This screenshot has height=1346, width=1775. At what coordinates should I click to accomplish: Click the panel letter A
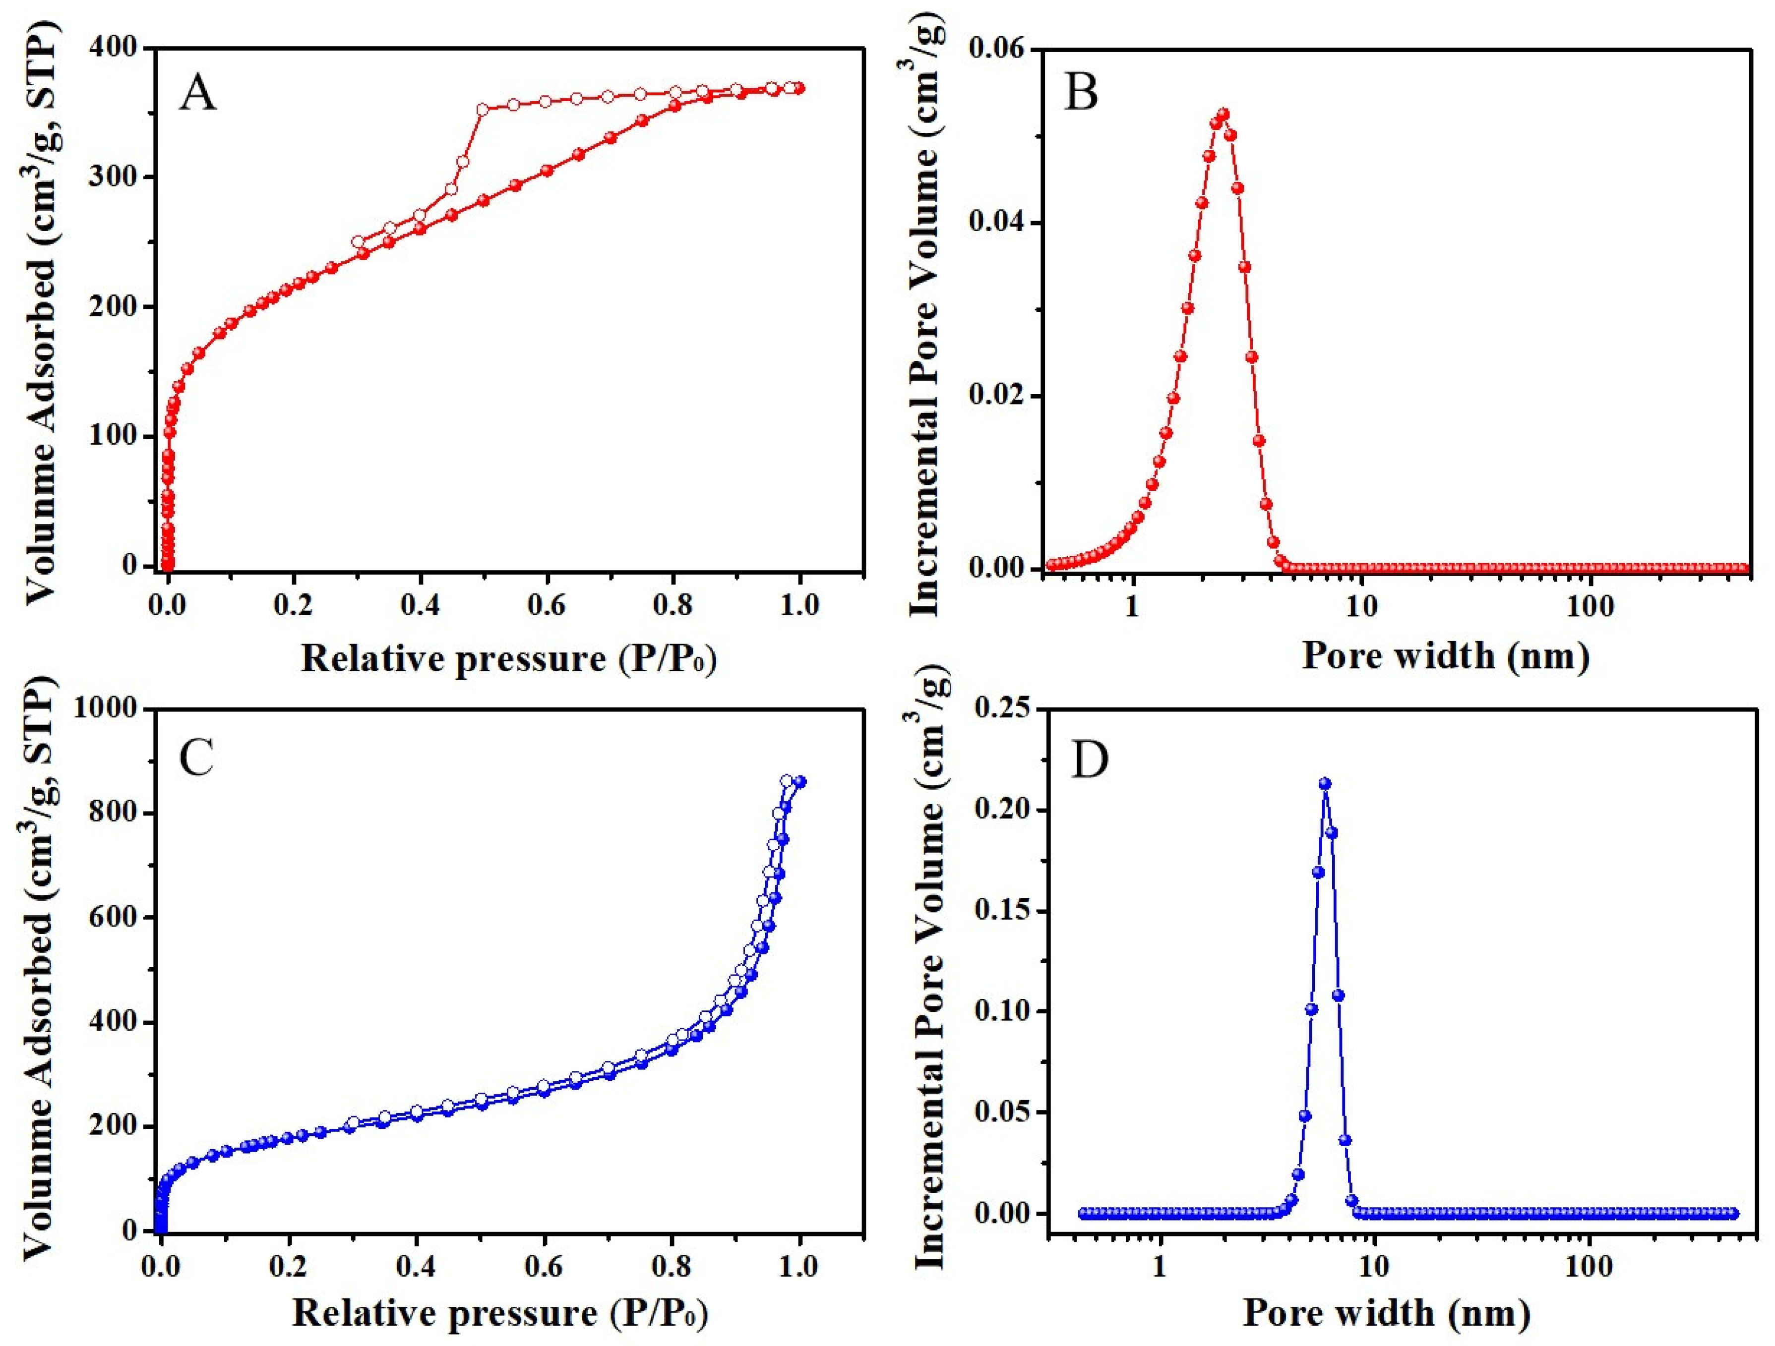point(197,94)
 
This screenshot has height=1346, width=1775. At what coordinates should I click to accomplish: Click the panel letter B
point(1081,94)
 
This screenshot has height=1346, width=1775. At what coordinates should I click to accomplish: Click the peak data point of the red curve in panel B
point(1223,115)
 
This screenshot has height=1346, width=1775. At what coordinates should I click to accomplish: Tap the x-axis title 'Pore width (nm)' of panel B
point(1444,655)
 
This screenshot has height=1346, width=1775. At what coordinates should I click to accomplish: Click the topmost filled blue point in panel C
point(800,781)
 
